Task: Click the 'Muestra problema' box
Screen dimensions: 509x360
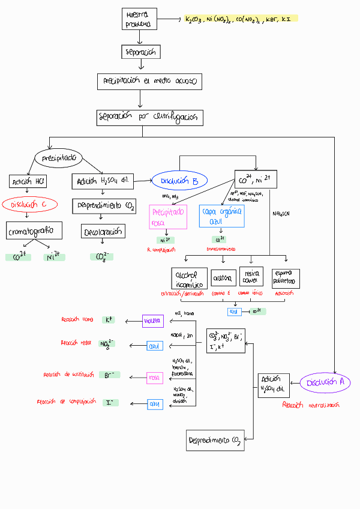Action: [139, 19]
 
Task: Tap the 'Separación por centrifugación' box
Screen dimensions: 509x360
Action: [149, 117]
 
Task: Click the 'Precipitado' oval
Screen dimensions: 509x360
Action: [59, 158]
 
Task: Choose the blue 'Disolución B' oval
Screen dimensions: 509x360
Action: [179, 180]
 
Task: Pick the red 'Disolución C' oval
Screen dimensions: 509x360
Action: [29, 204]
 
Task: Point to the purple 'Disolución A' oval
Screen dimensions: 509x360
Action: [325, 382]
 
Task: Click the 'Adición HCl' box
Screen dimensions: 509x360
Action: [28, 181]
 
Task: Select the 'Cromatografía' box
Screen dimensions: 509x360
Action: [35, 230]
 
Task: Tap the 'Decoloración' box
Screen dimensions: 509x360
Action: [103, 231]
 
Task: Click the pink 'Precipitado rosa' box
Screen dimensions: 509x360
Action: [168, 217]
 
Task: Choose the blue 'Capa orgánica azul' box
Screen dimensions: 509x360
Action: [221, 217]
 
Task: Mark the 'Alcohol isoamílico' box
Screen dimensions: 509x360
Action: [189, 279]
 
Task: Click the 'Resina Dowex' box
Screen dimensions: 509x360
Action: [251, 277]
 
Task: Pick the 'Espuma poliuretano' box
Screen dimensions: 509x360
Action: [285, 279]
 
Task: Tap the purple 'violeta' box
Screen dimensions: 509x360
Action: [152, 321]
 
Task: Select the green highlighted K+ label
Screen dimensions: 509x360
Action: [109, 320]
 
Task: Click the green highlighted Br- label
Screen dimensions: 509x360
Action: [109, 375]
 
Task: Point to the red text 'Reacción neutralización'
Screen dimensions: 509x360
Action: [310, 405]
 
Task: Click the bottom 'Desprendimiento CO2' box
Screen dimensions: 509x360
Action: [215, 440]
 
